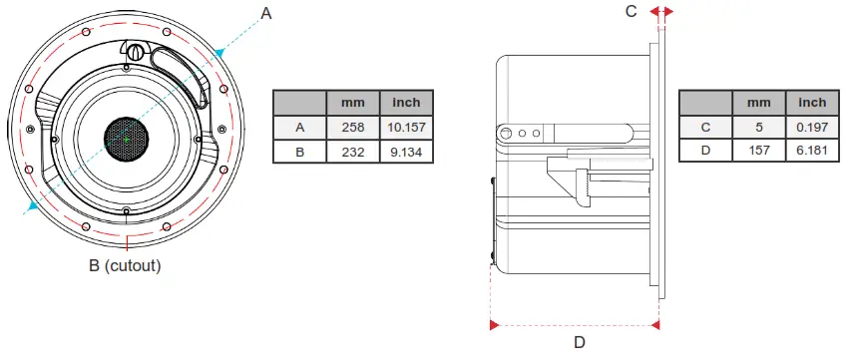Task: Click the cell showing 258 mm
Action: click(x=353, y=127)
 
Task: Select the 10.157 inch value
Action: click(x=406, y=127)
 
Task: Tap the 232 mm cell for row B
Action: click(x=353, y=153)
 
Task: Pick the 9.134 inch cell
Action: click(x=406, y=153)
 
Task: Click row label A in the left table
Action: click(x=299, y=127)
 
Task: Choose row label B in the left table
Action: click(x=299, y=153)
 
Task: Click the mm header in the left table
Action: click(x=353, y=102)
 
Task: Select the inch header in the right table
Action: click(x=812, y=102)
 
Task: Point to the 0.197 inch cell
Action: click(x=812, y=127)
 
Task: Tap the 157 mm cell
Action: click(x=758, y=153)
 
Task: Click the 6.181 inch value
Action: click(x=812, y=153)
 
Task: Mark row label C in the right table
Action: click(x=705, y=127)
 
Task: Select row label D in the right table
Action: click(x=705, y=153)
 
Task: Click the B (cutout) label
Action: click(x=125, y=266)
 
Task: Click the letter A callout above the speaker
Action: click(x=265, y=13)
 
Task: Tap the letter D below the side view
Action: click(x=578, y=342)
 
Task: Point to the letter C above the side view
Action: click(x=631, y=12)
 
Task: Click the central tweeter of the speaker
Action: click(x=127, y=141)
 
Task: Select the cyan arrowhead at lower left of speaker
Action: click(x=34, y=205)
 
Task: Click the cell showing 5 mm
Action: click(x=758, y=127)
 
